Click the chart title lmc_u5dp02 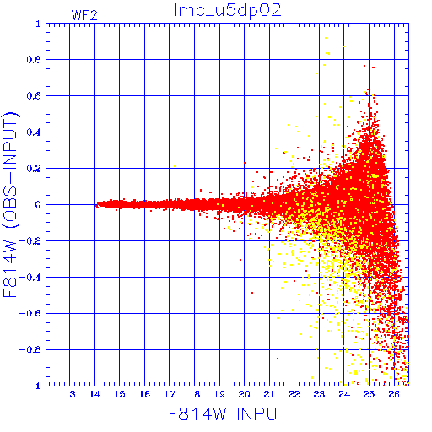[x=227, y=11]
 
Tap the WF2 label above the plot [x=84, y=15]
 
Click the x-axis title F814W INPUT [x=229, y=413]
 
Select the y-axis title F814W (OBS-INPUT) [x=10, y=204]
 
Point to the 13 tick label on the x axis [x=70, y=394]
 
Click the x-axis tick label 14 [x=94, y=394]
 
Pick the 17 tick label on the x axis [x=170, y=394]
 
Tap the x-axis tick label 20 [x=244, y=394]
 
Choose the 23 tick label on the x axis [x=319, y=394]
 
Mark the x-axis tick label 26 [x=394, y=394]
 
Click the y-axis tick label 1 [x=38, y=24]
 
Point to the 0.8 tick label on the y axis [x=34, y=60]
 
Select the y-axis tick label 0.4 [x=34, y=132]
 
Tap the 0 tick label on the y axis [x=38, y=204]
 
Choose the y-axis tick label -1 [x=35, y=386]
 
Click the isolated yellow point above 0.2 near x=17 [x=175, y=166]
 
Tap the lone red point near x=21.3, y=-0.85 [x=278, y=359]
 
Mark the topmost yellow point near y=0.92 [x=326, y=38]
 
